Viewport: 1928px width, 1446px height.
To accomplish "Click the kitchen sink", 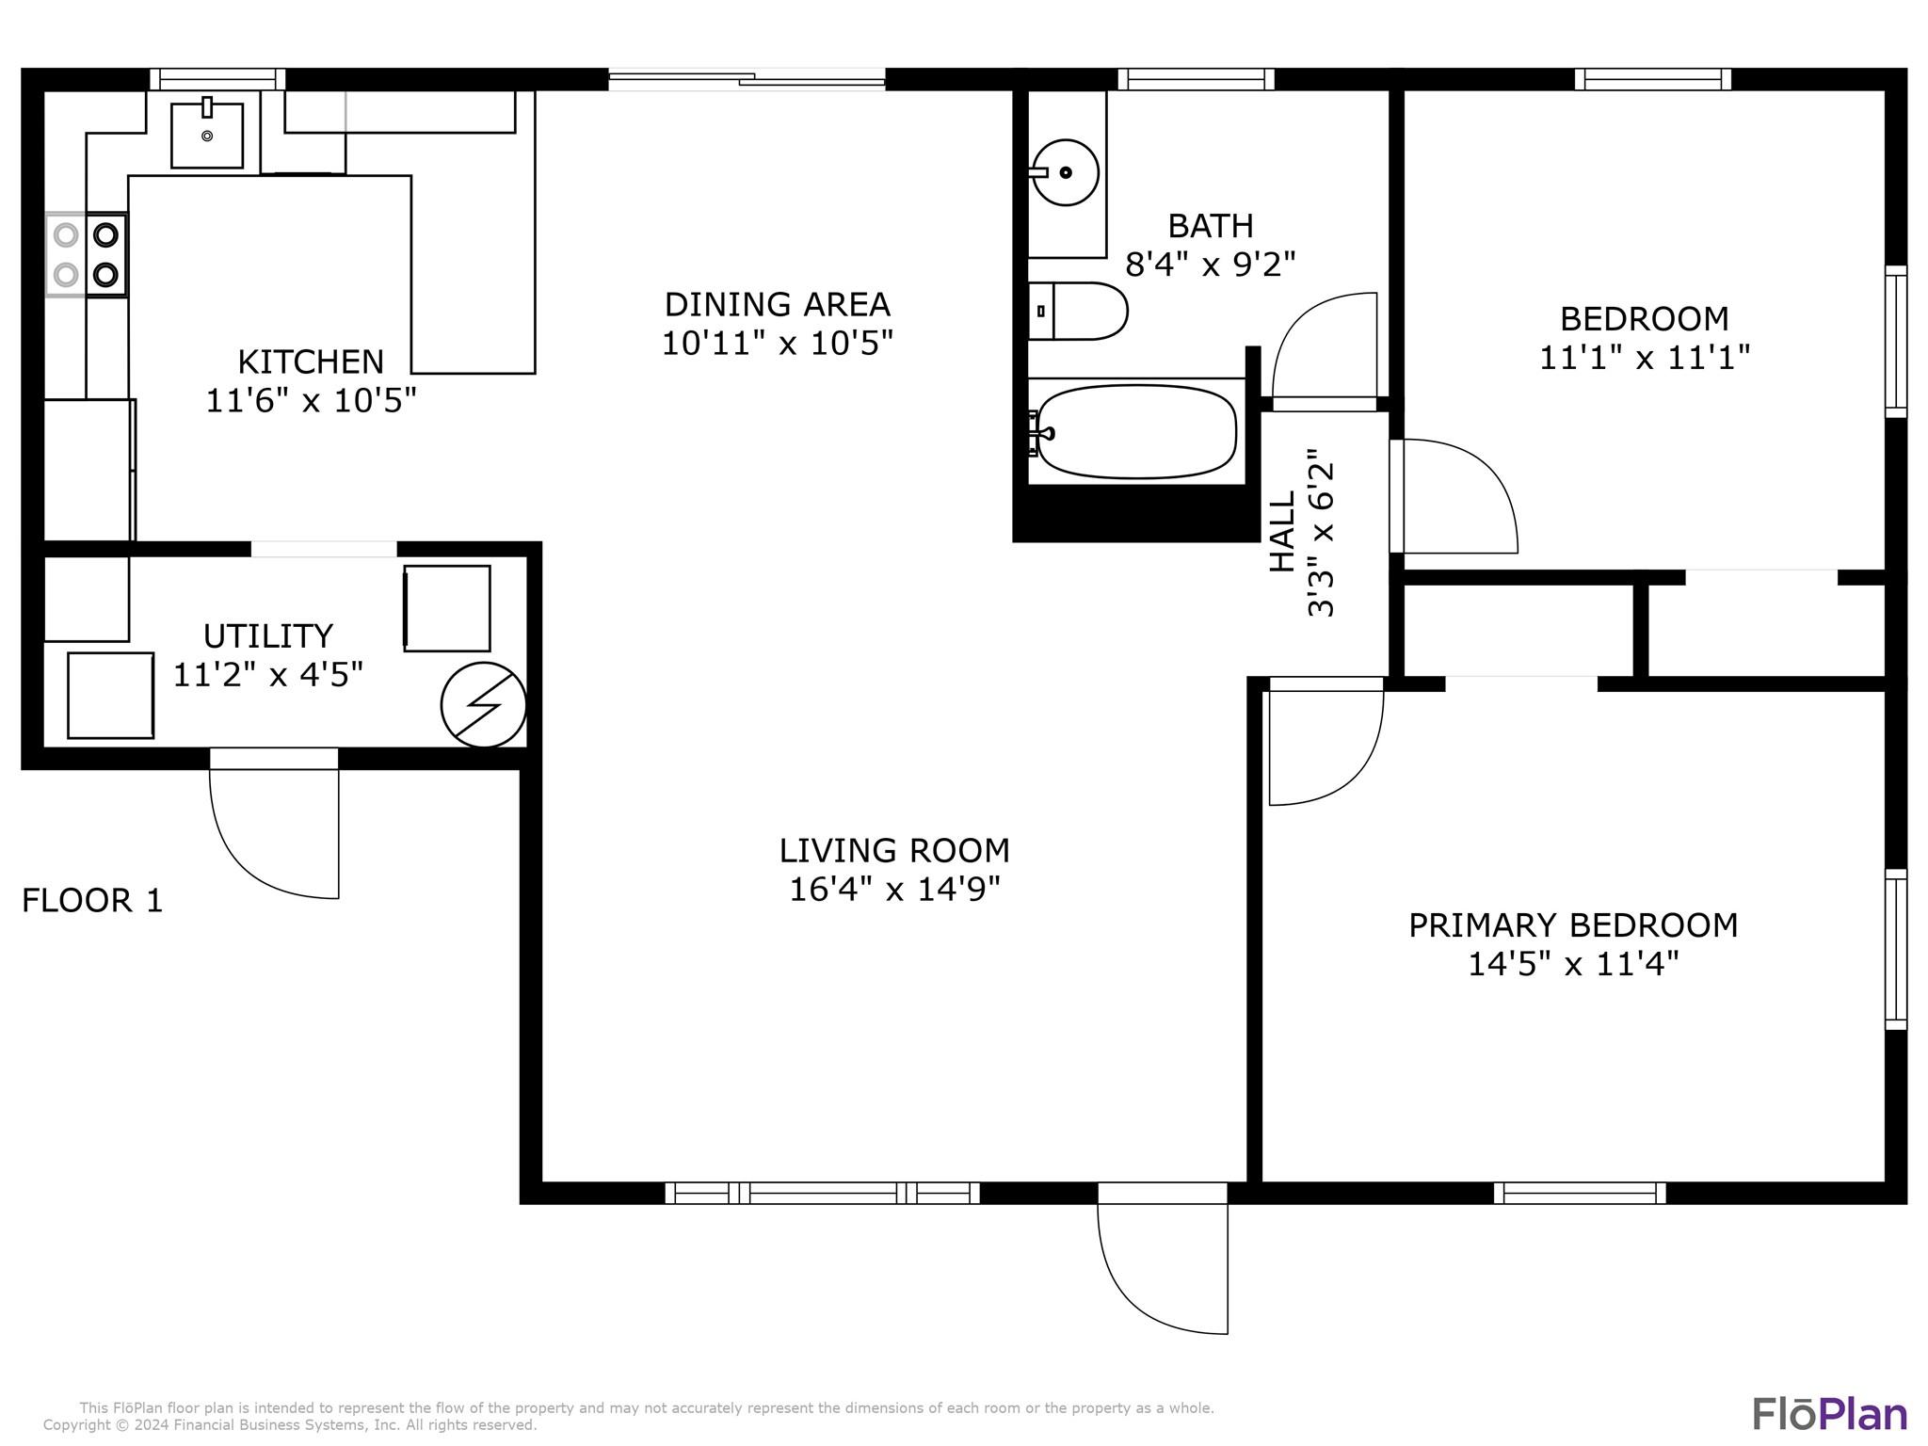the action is pyautogui.click(x=207, y=134).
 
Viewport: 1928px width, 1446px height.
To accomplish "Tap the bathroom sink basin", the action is pyautogui.click(x=1065, y=172).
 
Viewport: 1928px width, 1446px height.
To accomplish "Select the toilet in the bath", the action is pyautogui.click(x=1078, y=311).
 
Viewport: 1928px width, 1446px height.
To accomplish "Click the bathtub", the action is pyautogui.click(x=1134, y=432).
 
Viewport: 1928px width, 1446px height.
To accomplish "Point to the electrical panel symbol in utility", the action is pyautogui.click(x=484, y=704).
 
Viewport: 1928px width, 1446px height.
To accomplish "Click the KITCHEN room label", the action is pyautogui.click(x=311, y=361).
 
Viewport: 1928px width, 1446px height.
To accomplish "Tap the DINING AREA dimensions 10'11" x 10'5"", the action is pyautogui.click(x=778, y=344).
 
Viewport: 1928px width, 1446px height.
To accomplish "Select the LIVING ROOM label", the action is pyautogui.click(x=894, y=850).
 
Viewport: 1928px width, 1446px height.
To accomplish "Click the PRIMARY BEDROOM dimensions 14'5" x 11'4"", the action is pyautogui.click(x=1573, y=964).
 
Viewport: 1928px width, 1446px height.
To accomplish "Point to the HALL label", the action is pyautogui.click(x=1282, y=532).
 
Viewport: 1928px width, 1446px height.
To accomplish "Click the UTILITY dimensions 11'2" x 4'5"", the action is pyautogui.click(x=268, y=675).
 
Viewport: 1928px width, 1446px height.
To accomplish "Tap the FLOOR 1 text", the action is pyautogui.click(x=92, y=901).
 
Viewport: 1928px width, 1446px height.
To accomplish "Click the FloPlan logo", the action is pyautogui.click(x=1829, y=1414).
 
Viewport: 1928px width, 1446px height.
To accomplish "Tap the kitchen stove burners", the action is pyautogui.click(x=87, y=254).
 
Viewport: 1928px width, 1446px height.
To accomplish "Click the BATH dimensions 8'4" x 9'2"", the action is pyautogui.click(x=1211, y=265).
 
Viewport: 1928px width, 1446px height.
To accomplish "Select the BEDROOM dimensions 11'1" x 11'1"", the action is pyautogui.click(x=1645, y=358).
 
